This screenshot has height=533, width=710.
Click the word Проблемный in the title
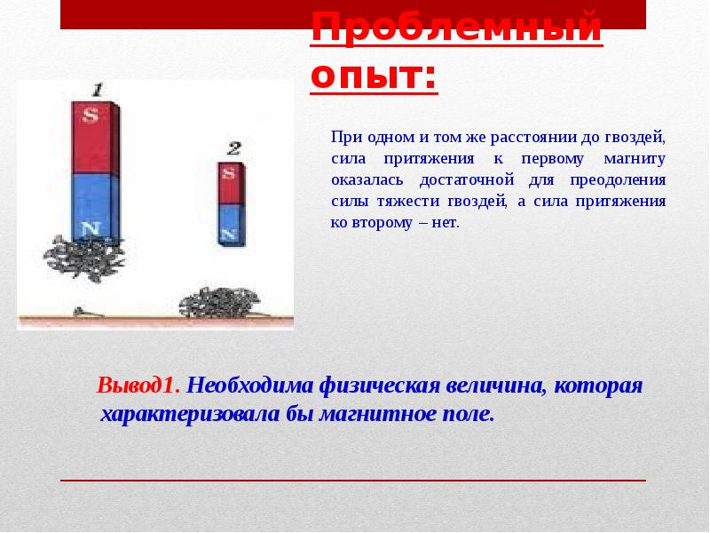[x=455, y=28]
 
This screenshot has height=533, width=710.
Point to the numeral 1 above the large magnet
[x=99, y=90]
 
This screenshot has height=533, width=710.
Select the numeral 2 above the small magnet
[x=233, y=148]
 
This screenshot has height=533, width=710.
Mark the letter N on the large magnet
[x=90, y=229]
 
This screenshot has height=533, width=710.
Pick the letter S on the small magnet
[x=231, y=172]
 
